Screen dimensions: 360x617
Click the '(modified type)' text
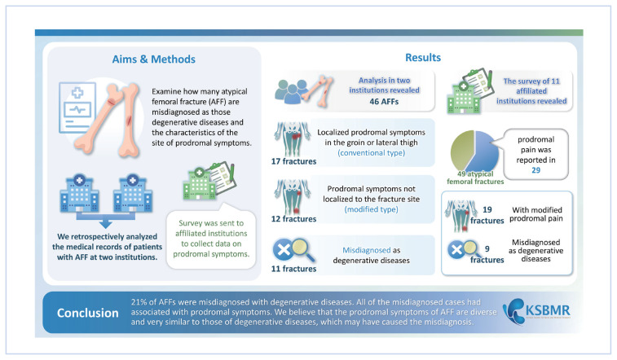(x=365, y=209)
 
